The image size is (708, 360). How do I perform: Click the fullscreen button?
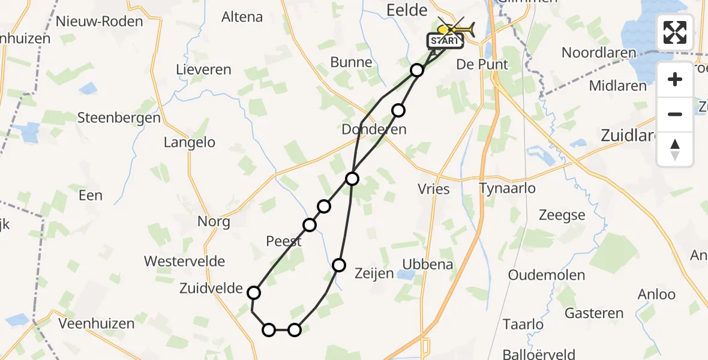tap(675, 32)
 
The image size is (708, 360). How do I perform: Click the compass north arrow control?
tap(675, 149)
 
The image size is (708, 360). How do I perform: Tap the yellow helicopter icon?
tap(456, 29)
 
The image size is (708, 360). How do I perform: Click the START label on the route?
tap(445, 41)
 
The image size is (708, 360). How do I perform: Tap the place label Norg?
tap(214, 222)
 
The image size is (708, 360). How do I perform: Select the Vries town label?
tap(434, 189)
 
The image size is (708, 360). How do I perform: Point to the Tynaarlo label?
tap(508, 189)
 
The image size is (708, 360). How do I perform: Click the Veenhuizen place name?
tap(97, 324)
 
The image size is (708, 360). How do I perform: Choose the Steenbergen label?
tap(119, 118)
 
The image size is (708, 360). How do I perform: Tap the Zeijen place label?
tap(373, 274)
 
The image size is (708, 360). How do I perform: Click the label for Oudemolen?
tap(546, 275)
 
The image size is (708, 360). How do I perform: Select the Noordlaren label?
tap(599, 53)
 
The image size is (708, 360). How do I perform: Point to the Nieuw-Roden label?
tap(99, 22)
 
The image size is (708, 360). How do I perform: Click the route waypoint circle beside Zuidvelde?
tap(254, 293)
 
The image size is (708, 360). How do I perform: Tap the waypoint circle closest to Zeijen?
tap(340, 265)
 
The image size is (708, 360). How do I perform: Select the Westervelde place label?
tap(185, 262)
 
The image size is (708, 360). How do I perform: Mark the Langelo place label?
tap(190, 143)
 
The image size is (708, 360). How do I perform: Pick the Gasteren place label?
tap(594, 313)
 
